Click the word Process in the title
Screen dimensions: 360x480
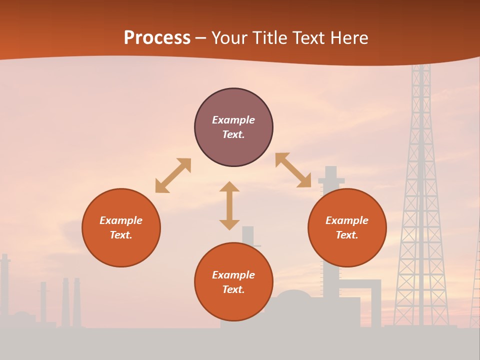coord(157,38)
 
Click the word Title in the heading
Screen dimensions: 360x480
coord(269,38)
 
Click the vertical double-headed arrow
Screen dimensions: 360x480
coord(229,205)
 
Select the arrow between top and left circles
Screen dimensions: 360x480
coord(173,175)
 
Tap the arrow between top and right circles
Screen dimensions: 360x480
coord(293,170)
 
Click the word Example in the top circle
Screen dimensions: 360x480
coord(233,120)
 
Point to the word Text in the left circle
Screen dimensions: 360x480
coord(121,235)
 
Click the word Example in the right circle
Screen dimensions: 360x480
coord(347,220)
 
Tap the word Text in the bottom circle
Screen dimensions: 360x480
coord(233,289)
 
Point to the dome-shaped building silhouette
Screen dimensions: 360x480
coord(294,297)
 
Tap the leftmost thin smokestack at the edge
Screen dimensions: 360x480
coord(4,285)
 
